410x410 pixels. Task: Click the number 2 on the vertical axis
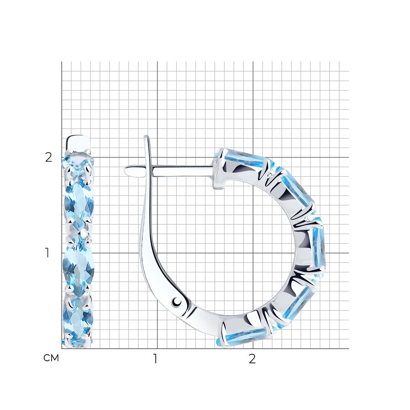[49, 157]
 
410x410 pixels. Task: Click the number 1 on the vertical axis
[47, 253]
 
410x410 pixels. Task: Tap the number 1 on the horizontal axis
[155, 359]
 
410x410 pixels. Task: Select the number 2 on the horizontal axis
[252, 359]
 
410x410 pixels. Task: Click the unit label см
[51, 358]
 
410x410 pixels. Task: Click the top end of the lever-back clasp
[146, 137]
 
